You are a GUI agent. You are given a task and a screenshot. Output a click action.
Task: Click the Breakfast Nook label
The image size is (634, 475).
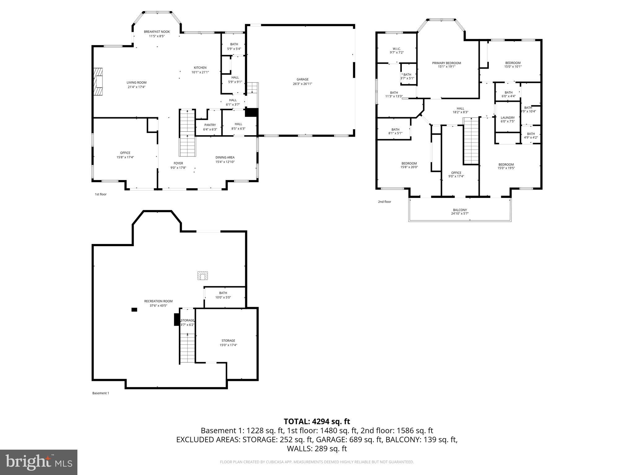point(157,32)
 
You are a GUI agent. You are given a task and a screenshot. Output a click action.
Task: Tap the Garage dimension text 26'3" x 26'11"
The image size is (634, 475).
point(302,84)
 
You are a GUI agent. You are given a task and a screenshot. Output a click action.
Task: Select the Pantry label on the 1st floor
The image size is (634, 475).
point(210,125)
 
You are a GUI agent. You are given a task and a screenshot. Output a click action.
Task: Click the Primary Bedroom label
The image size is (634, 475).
point(446,63)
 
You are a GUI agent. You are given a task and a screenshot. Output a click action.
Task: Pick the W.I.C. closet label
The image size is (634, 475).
point(397,49)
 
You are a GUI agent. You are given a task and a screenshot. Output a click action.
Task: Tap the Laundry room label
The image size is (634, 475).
point(507,118)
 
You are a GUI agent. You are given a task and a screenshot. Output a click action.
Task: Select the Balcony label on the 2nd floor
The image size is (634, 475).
point(460,210)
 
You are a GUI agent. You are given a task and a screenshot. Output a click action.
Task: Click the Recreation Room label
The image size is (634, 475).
point(158,301)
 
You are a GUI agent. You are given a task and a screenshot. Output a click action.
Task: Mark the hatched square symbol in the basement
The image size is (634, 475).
point(202,276)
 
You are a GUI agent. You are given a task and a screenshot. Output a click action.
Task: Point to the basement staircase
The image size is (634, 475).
point(187,348)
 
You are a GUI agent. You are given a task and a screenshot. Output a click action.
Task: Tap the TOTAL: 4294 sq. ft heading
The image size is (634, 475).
point(317,421)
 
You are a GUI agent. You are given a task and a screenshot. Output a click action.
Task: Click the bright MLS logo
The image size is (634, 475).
point(39,462)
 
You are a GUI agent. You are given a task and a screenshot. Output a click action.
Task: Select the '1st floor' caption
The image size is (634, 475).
point(101,194)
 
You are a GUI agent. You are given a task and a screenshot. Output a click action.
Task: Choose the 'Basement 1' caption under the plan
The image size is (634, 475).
point(101,393)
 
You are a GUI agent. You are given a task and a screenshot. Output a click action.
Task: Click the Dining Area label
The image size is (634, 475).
point(225,157)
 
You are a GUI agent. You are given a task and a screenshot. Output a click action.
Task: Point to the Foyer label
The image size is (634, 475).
point(178,163)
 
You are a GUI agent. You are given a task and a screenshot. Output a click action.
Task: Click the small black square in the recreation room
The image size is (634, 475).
point(134,310)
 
